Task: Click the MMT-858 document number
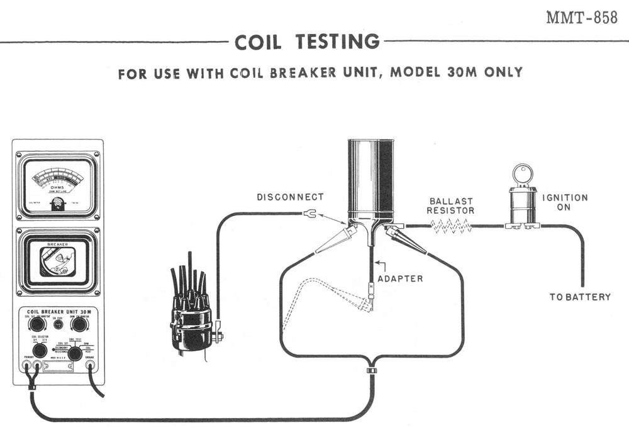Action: click(x=581, y=18)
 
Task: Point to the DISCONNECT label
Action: click(x=290, y=197)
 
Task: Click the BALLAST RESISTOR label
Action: click(x=450, y=206)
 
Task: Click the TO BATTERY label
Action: click(x=580, y=297)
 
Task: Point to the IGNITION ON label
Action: click(x=565, y=202)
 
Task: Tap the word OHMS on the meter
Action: click(x=57, y=187)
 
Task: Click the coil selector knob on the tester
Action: click(x=40, y=351)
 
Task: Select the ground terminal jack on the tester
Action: click(x=91, y=364)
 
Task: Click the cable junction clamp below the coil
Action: click(x=372, y=370)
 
